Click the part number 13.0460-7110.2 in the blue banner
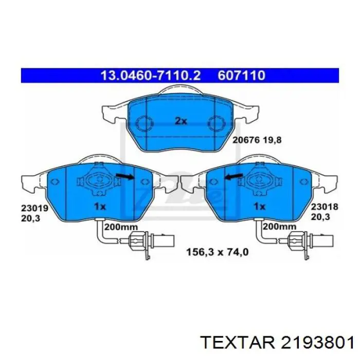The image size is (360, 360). click(x=151, y=75)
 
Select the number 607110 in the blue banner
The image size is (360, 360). click(x=241, y=75)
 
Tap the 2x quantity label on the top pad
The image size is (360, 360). click(x=181, y=121)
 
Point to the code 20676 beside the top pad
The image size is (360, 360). click(x=246, y=139)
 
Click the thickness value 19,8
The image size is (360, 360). click(x=272, y=139)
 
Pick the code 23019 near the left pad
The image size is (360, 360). click(x=34, y=208)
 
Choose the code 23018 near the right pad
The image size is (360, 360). click(x=325, y=207)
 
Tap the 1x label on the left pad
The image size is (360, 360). click(x=100, y=207)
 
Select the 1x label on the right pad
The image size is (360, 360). click(x=259, y=207)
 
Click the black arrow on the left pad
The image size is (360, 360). click(x=125, y=176)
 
